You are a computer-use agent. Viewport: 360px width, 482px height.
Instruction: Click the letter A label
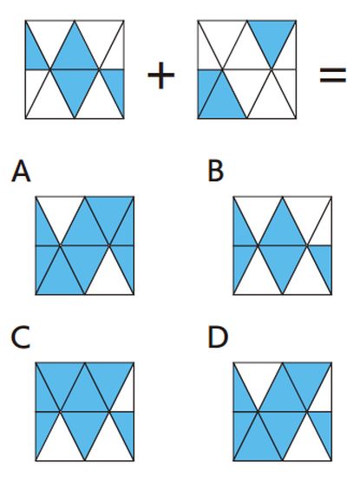[21, 172]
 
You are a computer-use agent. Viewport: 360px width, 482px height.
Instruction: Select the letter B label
[216, 172]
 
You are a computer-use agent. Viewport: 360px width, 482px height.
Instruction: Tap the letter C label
[20, 337]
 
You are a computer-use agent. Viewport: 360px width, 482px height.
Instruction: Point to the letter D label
[218, 337]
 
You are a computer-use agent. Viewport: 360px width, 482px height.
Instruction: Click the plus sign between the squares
[161, 75]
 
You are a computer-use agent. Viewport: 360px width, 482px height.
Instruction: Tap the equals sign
[332, 75]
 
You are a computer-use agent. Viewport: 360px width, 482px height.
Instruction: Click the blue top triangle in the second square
[272, 37]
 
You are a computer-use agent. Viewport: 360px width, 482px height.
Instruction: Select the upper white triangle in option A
[61, 213]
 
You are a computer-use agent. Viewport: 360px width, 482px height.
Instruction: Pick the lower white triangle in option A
[109, 278]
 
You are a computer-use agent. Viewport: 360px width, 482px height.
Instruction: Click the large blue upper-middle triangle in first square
[75, 53]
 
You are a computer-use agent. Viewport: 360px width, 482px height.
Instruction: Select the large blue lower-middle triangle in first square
[75, 86]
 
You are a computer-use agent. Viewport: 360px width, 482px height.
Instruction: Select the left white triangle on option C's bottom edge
[61, 444]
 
